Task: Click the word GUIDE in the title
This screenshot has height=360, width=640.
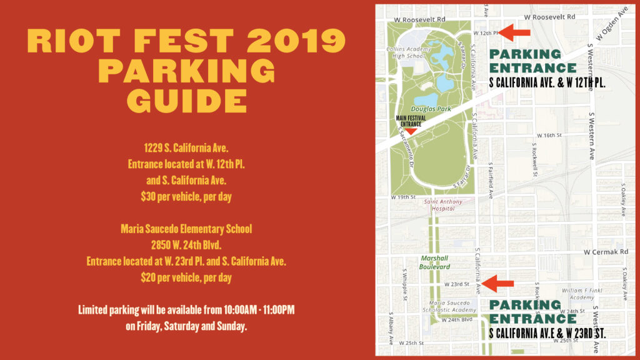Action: click(186, 99)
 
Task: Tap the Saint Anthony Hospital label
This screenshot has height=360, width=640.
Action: click(443, 206)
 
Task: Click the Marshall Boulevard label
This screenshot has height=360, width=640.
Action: click(435, 262)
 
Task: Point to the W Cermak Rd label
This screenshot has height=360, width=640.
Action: click(605, 252)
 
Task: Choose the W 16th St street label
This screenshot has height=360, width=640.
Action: click(549, 135)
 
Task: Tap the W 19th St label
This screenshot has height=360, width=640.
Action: click(403, 197)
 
